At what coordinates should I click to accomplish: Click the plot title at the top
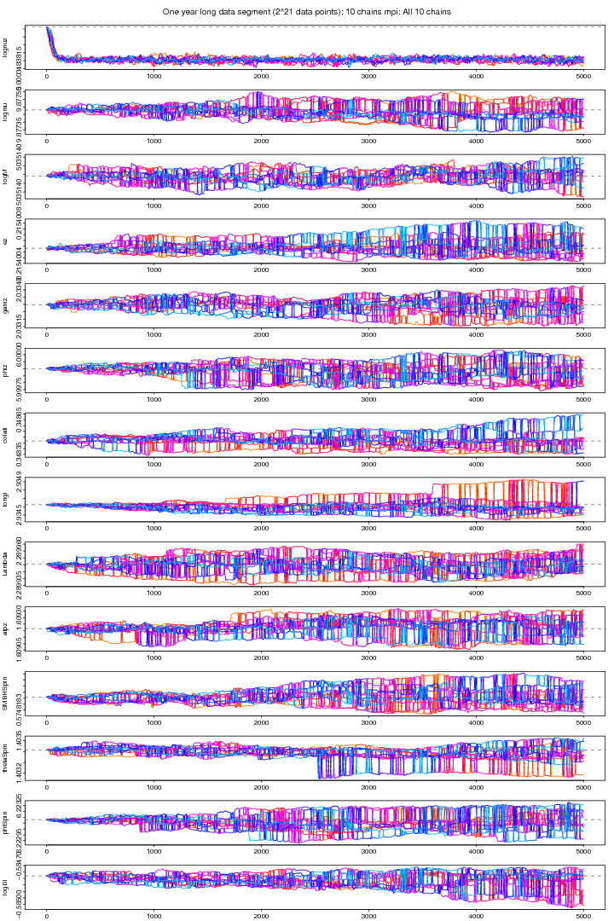[x=307, y=12]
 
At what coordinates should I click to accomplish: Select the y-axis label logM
[x=5, y=177]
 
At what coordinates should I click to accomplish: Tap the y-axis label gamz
[x=5, y=305]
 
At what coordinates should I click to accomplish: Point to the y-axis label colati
[x=5, y=434]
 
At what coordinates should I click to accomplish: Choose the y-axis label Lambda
[x=5, y=564]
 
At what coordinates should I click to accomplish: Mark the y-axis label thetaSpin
[x=5, y=757]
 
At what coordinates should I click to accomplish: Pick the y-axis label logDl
[x=5, y=886]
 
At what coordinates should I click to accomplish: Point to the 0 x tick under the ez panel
[x=47, y=271]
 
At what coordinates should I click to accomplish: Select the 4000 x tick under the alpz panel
[x=476, y=658]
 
